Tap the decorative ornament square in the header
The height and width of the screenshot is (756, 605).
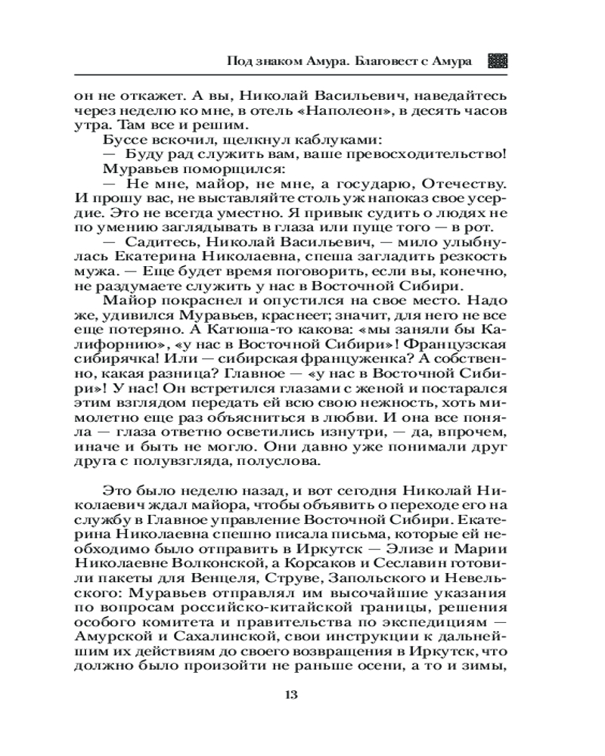coord(497,61)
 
